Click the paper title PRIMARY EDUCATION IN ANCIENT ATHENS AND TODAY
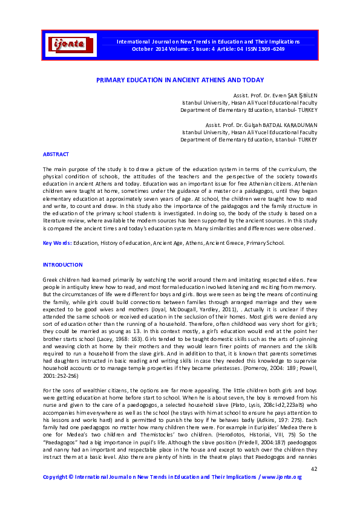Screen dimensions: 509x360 pos(180,80)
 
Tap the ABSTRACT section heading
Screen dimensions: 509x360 pos(56,155)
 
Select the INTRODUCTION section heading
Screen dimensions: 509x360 pos(62,265)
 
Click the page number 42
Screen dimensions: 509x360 pos(313,469)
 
